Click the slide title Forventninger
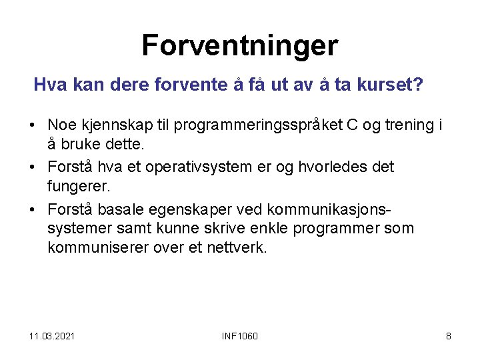click(x=240, y=46)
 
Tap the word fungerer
click(x=75, y=187)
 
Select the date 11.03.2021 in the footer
click(x=52, y=335)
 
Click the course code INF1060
click(x=239, y=335)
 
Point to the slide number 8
click(x=448, y=335)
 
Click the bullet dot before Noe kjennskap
click(x=32, y=125)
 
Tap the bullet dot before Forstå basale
click(x=32, y=209)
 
